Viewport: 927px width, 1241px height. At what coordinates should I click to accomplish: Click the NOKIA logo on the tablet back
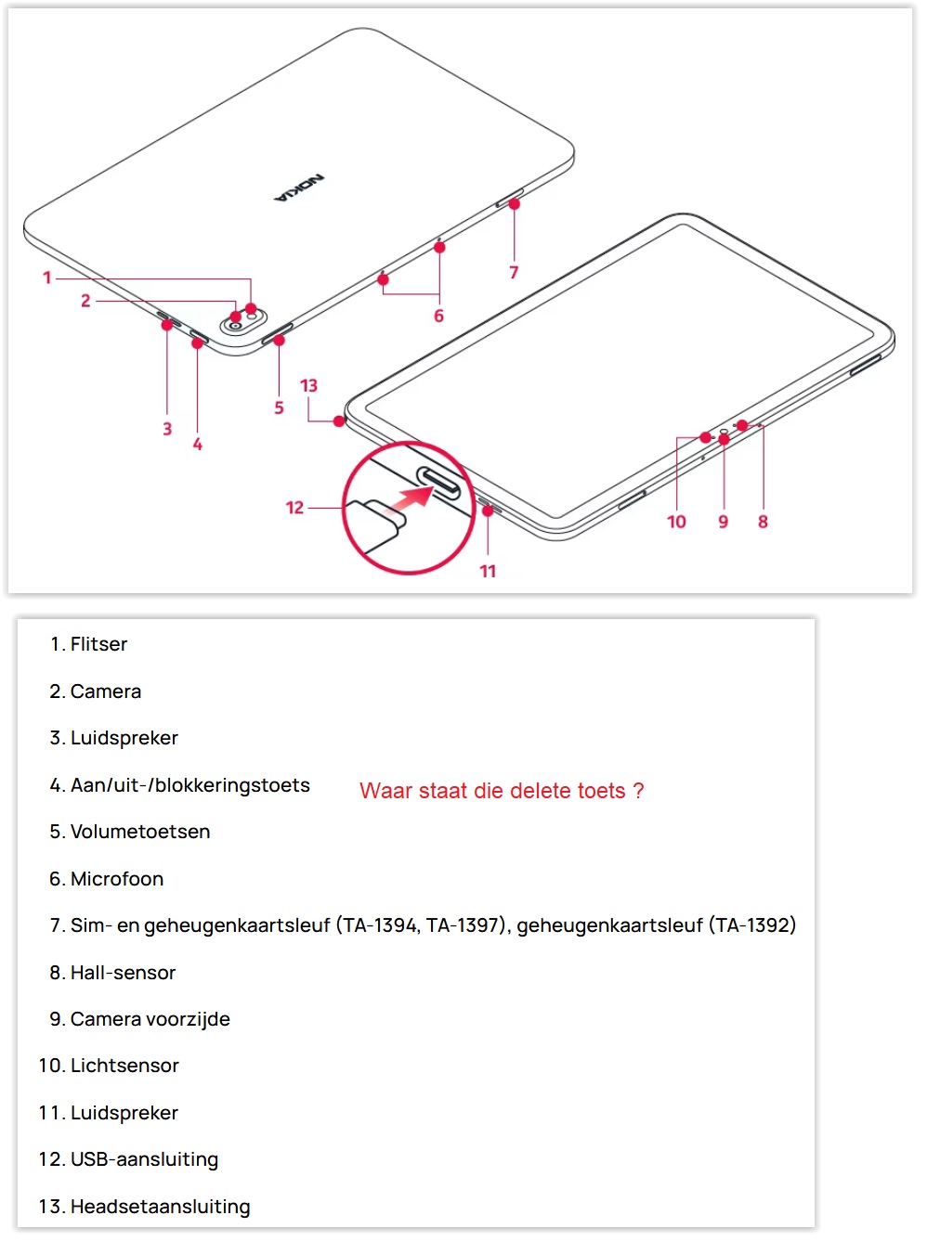pos(300,188)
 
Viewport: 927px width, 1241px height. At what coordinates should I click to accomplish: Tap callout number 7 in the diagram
pos(514,273)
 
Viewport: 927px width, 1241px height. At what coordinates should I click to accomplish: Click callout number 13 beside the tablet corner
pos(308,385)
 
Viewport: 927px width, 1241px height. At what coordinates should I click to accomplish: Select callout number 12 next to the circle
pos(294,508)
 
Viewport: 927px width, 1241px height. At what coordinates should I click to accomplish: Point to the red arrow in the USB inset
pos(409,499)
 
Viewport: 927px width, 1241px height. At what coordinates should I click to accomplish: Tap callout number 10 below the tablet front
pos(676,522)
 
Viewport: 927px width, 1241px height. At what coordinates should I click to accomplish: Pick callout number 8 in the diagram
pos(763,522)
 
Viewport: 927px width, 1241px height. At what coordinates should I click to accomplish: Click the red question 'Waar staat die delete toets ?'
pos(502,791)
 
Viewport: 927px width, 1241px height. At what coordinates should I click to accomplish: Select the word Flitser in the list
pos(99,644)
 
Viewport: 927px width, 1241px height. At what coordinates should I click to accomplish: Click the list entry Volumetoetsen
pos(140,832)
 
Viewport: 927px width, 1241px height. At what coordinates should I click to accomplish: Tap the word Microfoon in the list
pos(117,879)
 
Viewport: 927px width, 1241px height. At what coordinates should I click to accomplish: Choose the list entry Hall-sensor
pos(124,973)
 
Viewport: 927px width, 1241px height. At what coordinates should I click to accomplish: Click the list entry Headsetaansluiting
pos(160,1207)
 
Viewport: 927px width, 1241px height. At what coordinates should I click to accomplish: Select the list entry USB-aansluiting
pos(144,1159)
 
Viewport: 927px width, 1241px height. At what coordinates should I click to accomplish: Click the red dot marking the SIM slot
pos(514,204)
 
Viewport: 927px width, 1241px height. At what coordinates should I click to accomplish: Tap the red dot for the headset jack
pos(339,421)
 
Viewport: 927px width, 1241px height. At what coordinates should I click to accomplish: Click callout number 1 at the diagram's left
pos(47,278)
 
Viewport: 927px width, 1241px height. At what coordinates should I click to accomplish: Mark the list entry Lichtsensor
pos(124,1066)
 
